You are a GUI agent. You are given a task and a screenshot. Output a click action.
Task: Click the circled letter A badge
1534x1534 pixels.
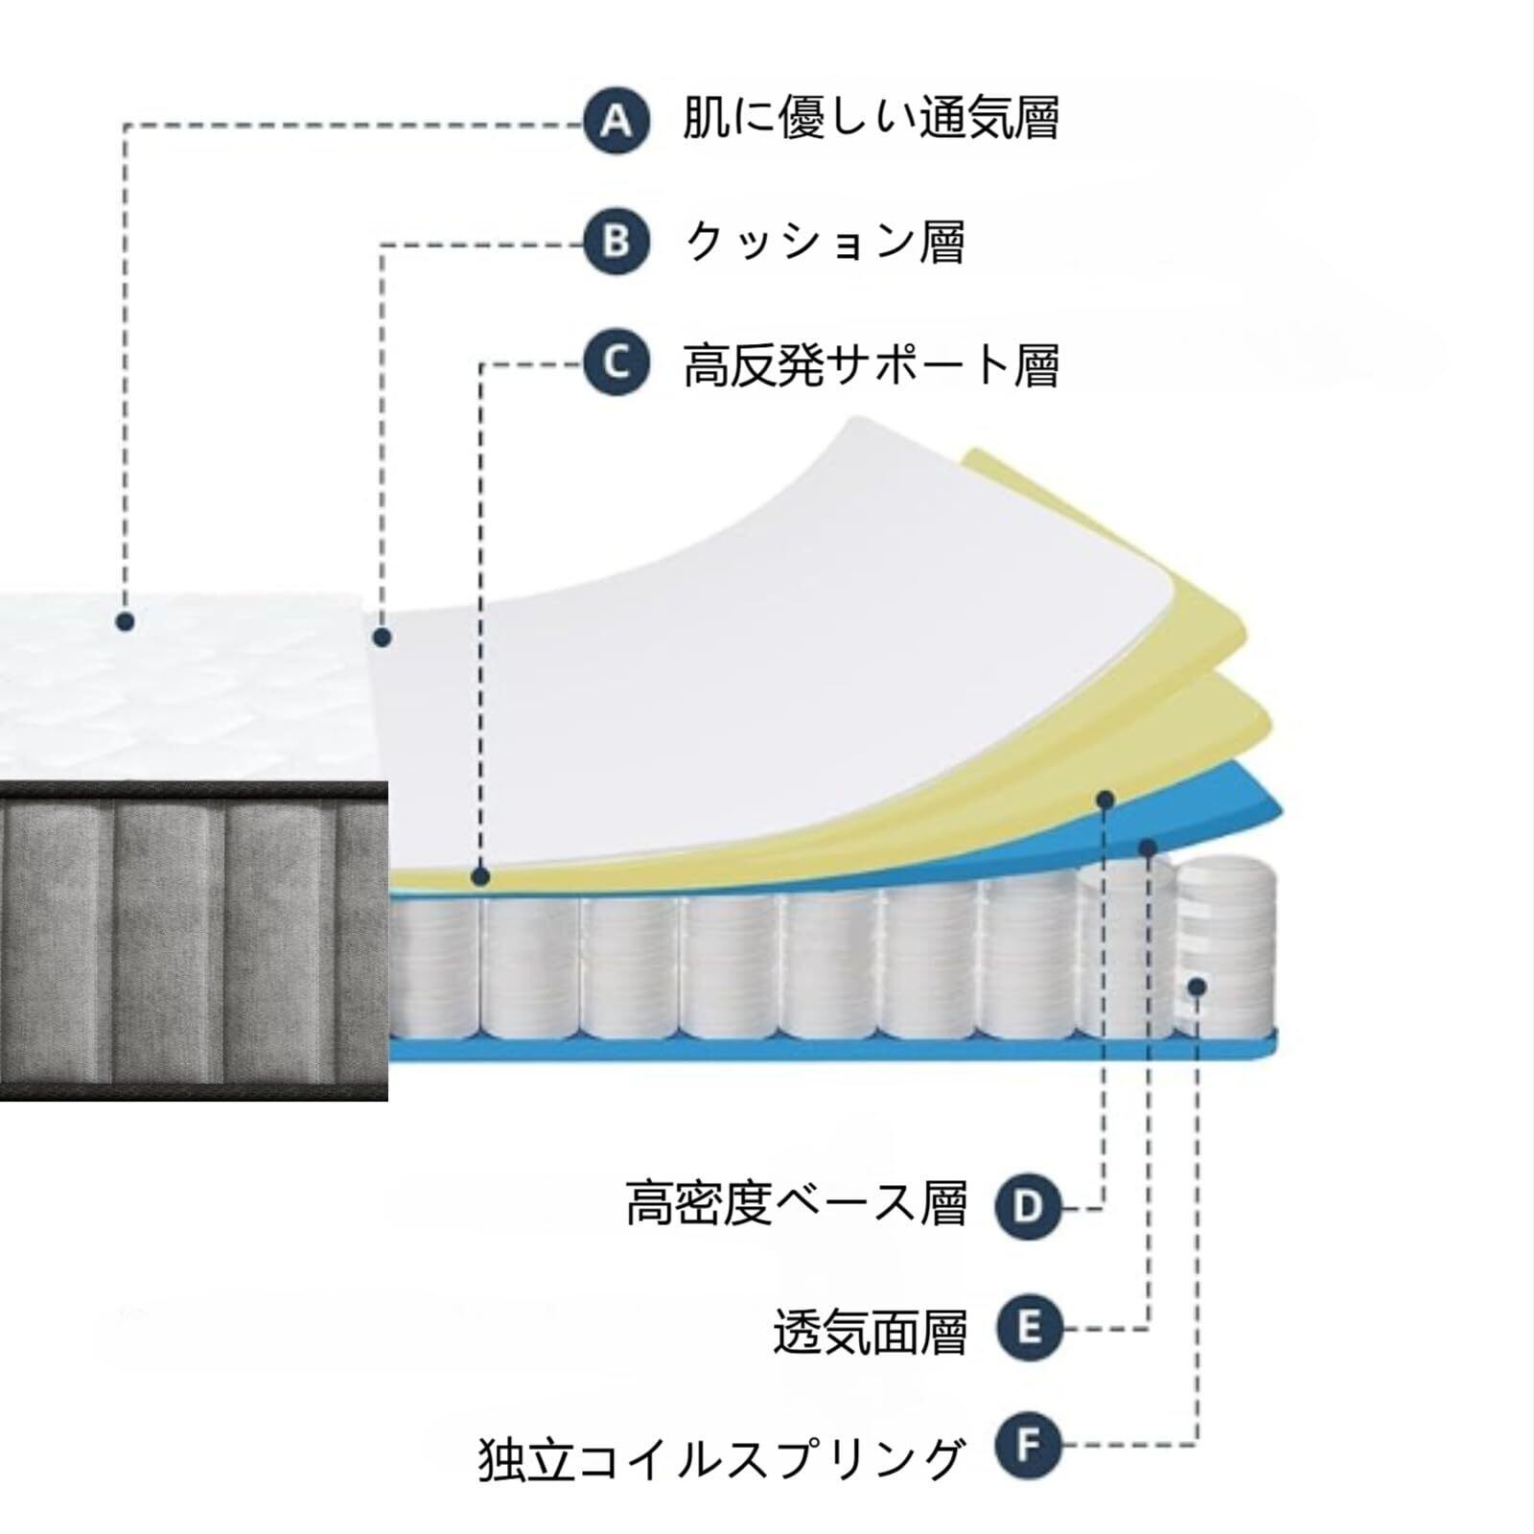click(x=616, y=121)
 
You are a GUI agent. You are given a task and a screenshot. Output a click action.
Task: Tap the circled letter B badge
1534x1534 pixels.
click(x=616, y=242)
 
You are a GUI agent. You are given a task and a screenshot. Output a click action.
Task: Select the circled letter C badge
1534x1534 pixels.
click(x=616, y=363)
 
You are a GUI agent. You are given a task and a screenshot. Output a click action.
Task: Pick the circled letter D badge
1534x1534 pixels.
click(x=1029, y=1207)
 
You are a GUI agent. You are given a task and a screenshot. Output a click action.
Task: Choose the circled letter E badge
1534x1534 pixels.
click(x=1029, y=1329)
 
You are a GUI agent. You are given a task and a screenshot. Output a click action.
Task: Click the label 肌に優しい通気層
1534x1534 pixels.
click(x=871, y=120)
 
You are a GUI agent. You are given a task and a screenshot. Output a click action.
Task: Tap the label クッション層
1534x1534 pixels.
click(x=825, y=242)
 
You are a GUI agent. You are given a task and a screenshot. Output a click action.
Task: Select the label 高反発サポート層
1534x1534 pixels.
click(x=871, y=364)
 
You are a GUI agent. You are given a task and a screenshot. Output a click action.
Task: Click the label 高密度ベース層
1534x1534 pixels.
click(x=797, y=1204)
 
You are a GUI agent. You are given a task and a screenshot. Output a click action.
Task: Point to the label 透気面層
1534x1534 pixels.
click(x=870, y=1331)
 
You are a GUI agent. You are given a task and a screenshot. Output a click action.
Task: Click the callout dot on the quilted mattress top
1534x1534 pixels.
click(x=125, y=621)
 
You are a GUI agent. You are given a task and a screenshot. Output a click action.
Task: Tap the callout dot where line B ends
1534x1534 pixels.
click(x=383, y=637)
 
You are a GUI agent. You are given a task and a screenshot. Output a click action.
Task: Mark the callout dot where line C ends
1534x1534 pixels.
click(x=481, y=876)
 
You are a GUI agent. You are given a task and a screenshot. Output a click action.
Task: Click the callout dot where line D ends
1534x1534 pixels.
click(x=1105, y=799)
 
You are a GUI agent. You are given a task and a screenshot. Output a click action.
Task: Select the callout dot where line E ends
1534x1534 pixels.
click(x=1148, y=847)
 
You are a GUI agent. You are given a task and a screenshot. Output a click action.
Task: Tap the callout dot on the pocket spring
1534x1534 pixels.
click(x=1197, y=987)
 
